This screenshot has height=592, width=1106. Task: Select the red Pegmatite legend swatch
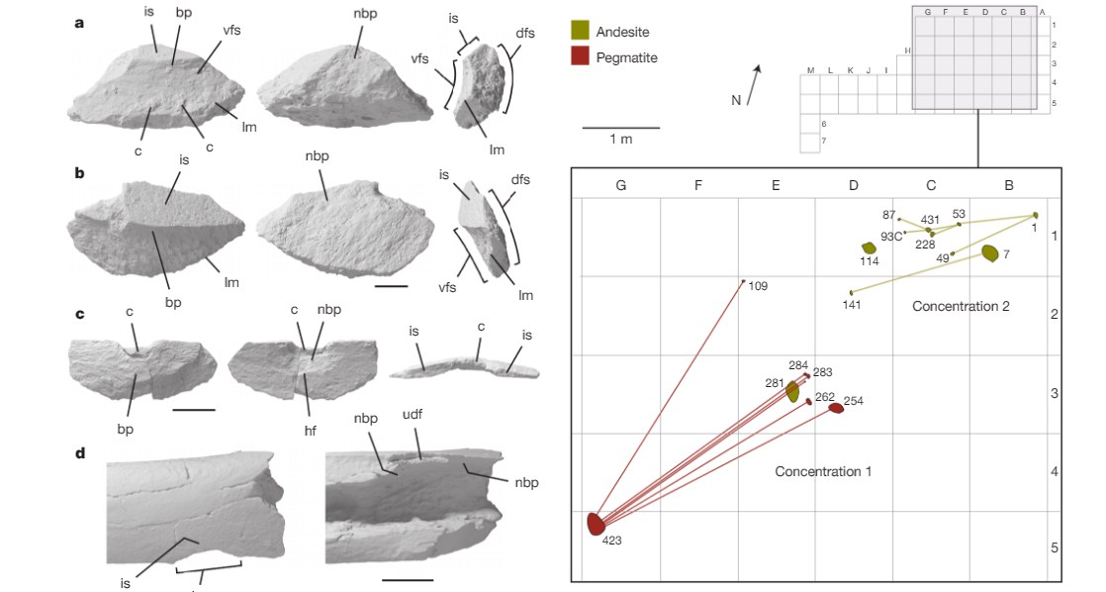(x=581, y=57)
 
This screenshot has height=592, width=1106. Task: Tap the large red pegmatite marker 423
(x=595, y=522)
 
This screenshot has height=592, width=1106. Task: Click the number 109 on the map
(x=759, y=287)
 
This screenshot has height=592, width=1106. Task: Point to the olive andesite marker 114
(x=869, y=247)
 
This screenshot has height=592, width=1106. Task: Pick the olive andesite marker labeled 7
(x=988, y=253)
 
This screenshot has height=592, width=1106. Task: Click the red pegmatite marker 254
(x=836, y=407)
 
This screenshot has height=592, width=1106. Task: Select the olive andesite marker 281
(x=792, y=392)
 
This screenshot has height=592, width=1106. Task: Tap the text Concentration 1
(x=823, y=471)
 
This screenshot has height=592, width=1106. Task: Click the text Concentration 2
(x=961, y=306)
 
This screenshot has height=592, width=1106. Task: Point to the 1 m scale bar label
(x=620, y=140)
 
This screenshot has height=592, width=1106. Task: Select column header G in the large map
(x=620, y=185)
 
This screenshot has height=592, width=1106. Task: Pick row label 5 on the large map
(x=1055, y=547)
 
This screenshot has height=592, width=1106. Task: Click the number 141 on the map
(x=852, y=304)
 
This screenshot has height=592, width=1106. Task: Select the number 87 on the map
(x=888, y=215)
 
